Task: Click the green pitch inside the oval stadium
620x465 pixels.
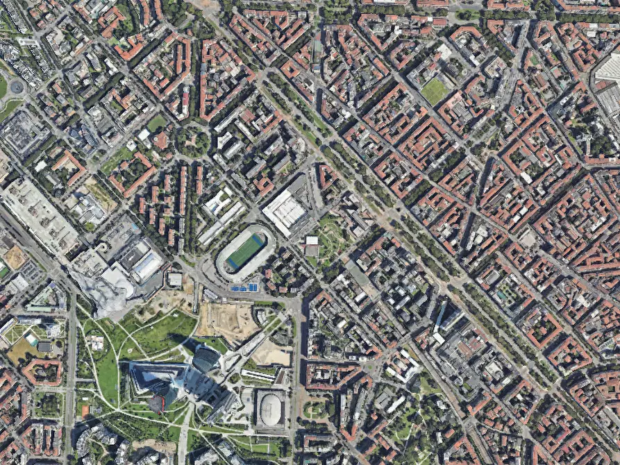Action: (246, 251)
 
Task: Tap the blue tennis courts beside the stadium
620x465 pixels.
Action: (244, 287)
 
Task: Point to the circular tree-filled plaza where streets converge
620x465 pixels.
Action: (193, 141)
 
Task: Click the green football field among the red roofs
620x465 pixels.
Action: (435, 91)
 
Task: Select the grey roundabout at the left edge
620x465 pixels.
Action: (15, 87)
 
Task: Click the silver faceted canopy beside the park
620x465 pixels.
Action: (104, 291)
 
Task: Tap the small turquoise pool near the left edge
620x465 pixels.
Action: (32, 340)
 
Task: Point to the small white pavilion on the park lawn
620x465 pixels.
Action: (95, 343)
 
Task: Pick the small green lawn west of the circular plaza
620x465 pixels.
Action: (157, 123)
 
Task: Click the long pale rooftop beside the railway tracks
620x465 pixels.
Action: (38, 215)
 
